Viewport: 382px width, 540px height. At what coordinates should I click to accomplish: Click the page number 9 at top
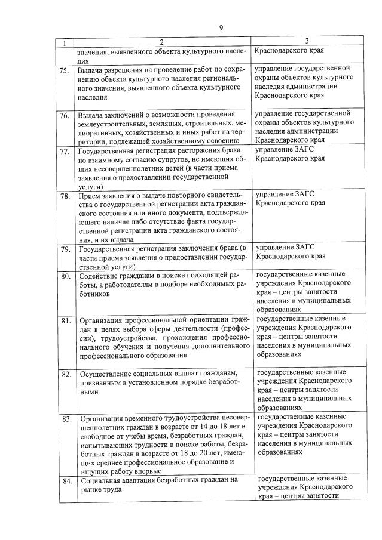click(x=221, y=27)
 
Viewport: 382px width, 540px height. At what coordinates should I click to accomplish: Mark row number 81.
click(x=65, y=320)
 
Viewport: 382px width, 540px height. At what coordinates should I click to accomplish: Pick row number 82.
click(x=65, y=375)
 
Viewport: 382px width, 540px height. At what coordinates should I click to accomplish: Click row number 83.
click(x=65, y=418)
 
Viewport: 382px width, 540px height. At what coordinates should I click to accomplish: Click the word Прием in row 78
click(x=89, y=196)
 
